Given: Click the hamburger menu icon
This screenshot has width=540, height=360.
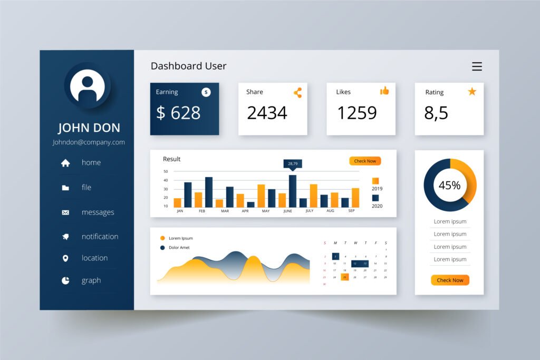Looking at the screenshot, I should coord(477,66).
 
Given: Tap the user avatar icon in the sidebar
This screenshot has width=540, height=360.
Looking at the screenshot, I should coord(88,86).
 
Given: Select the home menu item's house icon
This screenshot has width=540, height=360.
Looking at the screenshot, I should coord(65,163).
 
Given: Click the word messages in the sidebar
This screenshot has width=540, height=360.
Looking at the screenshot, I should coord(98,212).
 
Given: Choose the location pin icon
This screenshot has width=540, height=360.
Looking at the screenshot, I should coord(65,258).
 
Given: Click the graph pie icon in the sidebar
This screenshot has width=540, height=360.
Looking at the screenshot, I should coord(65,280).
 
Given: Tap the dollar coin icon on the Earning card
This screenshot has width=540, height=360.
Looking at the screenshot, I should coord(206,92).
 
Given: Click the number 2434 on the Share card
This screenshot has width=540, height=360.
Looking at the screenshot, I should coord(267,113).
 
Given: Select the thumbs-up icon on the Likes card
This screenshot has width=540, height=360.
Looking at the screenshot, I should coord(384,91).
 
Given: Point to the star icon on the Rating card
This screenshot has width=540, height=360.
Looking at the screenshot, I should coord(472,92).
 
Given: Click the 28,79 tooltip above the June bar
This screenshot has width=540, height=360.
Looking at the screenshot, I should coord(293,164).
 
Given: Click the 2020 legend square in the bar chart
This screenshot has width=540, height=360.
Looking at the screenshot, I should coord(375,198).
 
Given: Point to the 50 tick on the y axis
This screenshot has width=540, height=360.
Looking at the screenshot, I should coord(166,171).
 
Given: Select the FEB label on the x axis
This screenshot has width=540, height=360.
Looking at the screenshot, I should coord(202,211).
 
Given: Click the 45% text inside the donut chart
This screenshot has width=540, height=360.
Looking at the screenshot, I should coord(449,185).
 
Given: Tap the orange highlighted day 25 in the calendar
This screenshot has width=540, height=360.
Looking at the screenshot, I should coord(344,277).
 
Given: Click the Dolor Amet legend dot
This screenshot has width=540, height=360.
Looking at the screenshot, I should coord(162,247).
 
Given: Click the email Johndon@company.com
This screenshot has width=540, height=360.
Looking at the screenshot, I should coord(89,142).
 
